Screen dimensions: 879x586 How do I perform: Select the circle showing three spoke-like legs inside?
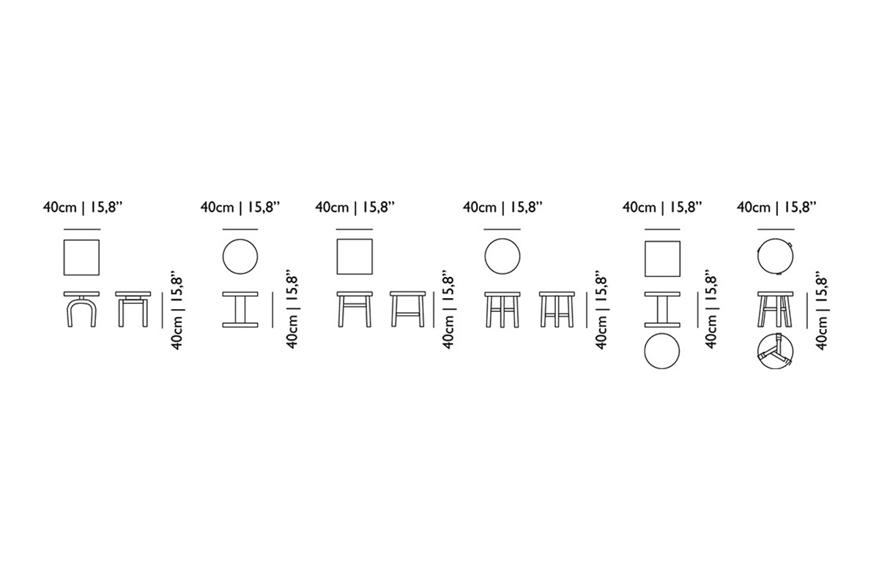[x=775, y=351]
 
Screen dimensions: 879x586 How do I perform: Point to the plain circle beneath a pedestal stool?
[x=662, y=351]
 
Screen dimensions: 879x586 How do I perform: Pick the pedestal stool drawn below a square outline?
[x=662, y=309]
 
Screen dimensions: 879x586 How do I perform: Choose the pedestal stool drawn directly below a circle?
[x=240, y=309]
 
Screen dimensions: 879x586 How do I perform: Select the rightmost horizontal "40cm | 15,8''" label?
[x=776, y=207]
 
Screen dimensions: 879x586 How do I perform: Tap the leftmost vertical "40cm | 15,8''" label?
[x=177, y=313]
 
